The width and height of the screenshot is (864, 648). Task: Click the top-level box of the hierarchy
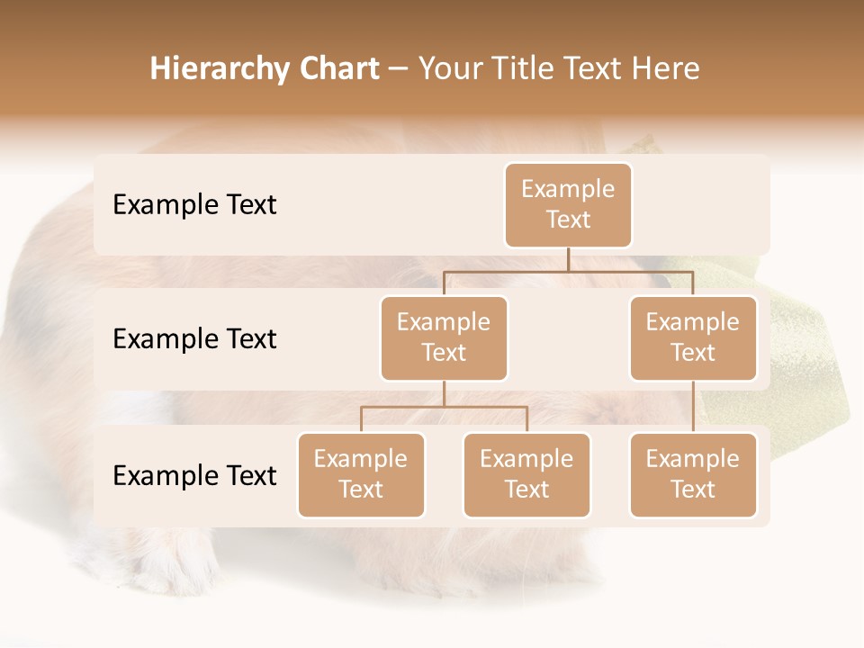point(568,205)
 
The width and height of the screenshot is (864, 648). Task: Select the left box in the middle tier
point(444,338)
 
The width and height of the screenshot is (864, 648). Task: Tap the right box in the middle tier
point(693,338)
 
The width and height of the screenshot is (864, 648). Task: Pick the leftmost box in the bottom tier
point(361,475)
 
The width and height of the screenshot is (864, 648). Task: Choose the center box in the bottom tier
point(526,475)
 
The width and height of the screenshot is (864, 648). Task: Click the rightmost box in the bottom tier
point(693,475)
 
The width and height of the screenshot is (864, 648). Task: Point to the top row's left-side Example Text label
point(194,205)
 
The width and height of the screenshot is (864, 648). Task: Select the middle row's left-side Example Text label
point(194,339)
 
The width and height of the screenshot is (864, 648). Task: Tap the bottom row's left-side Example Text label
point(194,476)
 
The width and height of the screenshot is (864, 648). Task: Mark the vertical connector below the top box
point(568,259)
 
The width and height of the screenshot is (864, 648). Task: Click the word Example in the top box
point(568,189)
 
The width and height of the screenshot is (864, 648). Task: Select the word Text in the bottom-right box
point(693,490)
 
